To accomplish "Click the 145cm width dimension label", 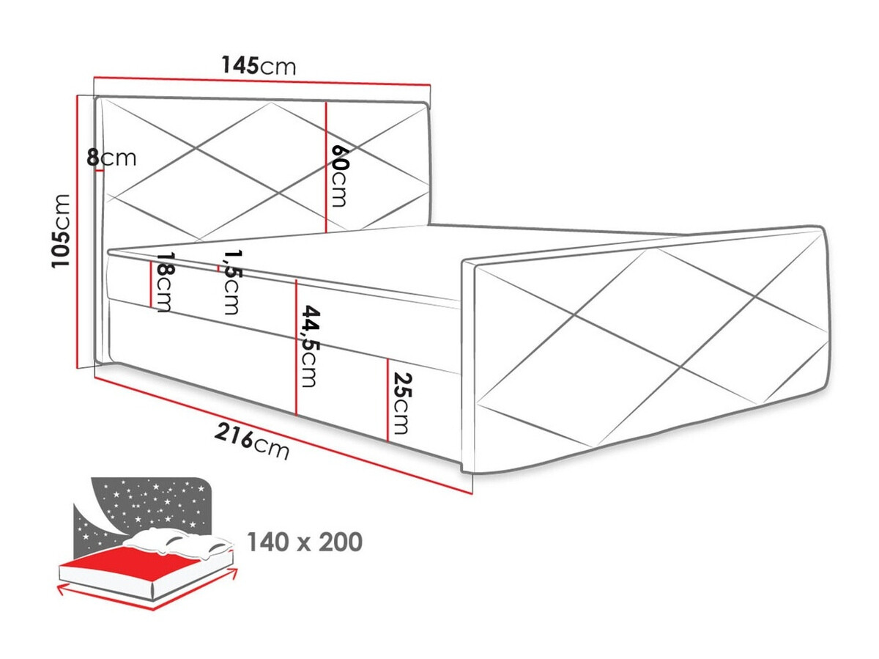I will pyautogui.click(x=259, y=66).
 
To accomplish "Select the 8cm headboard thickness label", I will pyautogui.click(x=111, y=157).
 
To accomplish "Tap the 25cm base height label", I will pyautogui.click(x=401, y=403).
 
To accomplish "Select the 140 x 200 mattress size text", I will pyautogui.click(x=304, y=542).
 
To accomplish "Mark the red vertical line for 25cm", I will pyautogui.click(x=387, y=400).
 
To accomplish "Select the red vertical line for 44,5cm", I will pyautogui.click(x=296, y=347).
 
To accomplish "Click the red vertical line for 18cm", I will pyautogui.click(x=151, y=284).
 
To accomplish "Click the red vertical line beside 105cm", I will pyautogui.click(x=78, y=231).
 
